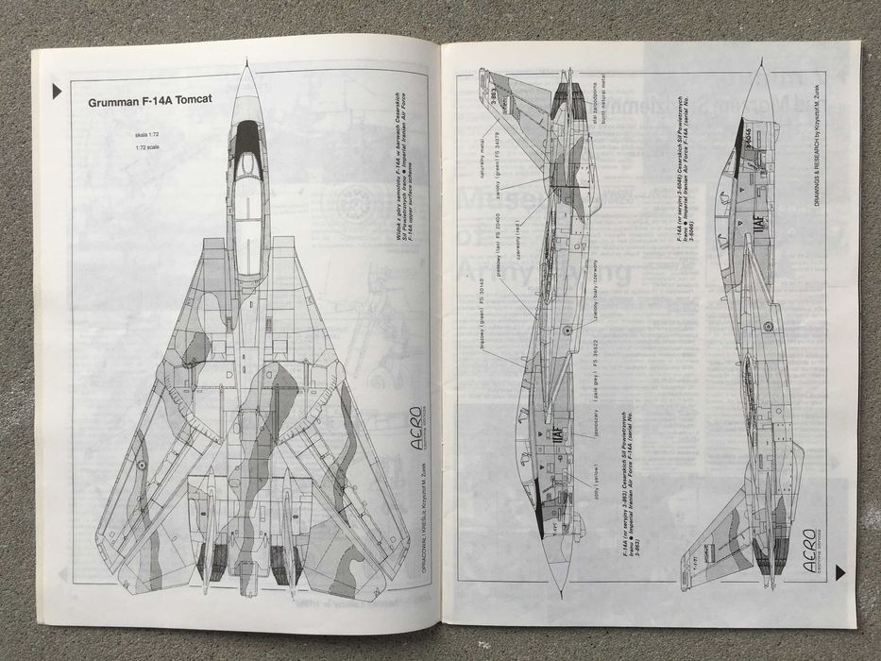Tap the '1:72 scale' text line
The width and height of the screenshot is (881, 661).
tap(148, 157)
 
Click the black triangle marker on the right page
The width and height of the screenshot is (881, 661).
tap(839, 572)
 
